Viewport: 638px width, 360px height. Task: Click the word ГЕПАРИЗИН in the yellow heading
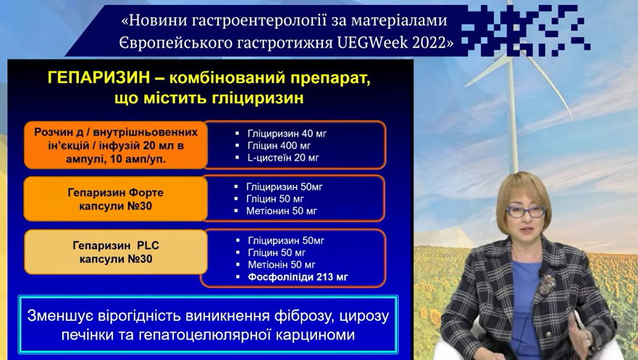click(99, 78)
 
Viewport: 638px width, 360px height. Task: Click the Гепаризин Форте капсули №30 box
click(116, 199)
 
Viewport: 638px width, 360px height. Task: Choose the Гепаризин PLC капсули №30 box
click(116, 252)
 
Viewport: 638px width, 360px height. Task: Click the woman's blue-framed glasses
click(526, 211)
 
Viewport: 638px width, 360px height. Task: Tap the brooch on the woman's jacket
click(547, 284)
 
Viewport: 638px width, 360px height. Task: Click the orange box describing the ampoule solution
click(116, 145)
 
